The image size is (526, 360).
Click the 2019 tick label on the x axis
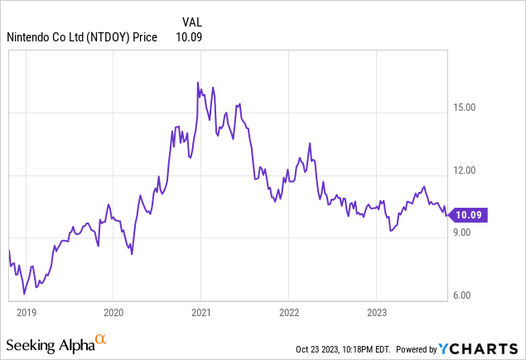[x=26, y=312]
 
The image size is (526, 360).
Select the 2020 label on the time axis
[x=113, y=312]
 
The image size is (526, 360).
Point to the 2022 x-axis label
[x=288, y=312]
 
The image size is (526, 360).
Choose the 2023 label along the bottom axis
[x=376, y=312]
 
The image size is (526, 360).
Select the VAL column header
[x=191, y=22]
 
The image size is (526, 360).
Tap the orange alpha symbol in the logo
[x=101, y=339]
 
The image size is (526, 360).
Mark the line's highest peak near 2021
[x=198, y=83]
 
